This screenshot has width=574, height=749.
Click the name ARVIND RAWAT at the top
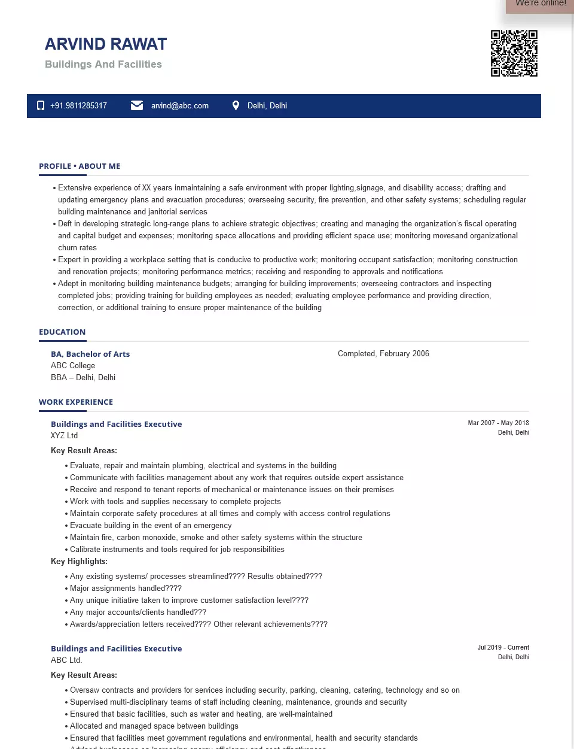(106, 44)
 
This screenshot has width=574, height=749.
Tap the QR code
(514, 53)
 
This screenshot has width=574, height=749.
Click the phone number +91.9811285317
(78, 106)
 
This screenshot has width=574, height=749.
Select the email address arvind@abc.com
(180, 106)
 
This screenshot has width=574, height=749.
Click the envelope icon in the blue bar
(137, 105)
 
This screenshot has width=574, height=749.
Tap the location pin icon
(236, 105)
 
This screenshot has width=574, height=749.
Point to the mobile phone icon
(41, 106)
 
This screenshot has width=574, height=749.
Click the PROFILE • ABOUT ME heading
(80, 166)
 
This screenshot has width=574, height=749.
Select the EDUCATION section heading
(62, 332)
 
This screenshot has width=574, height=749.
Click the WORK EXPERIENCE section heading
(76, 402)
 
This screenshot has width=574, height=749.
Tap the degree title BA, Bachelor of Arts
(90, 354)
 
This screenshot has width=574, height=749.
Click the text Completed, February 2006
(383, 354)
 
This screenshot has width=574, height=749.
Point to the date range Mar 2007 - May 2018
(498, 423)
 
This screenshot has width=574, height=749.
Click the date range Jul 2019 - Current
(503, 647)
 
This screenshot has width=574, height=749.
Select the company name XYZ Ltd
(65, 436)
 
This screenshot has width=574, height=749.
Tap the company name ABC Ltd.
(66, 660)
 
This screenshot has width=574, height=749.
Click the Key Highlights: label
(79, 562)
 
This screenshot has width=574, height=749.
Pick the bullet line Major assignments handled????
(126, 589)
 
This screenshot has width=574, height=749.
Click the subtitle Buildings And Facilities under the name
(103, 65)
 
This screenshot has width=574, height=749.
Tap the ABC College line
(73, 366)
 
